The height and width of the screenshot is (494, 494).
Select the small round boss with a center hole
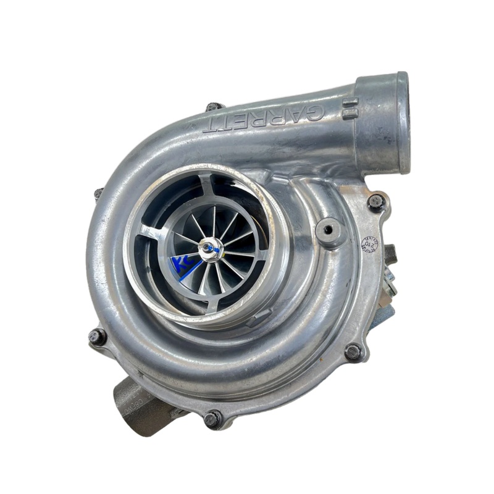(x=329, y=229)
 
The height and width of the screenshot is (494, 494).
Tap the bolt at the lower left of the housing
(x=97, y=337)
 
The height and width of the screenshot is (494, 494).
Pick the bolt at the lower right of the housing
(x=353, y=352)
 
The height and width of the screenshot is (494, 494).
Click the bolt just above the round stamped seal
(x=375, y=201)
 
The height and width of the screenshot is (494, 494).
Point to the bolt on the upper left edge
(x=99, y=193)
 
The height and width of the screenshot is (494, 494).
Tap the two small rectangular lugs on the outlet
(x=350, y=109)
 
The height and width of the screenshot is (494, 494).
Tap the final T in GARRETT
(x=214, y=124)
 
